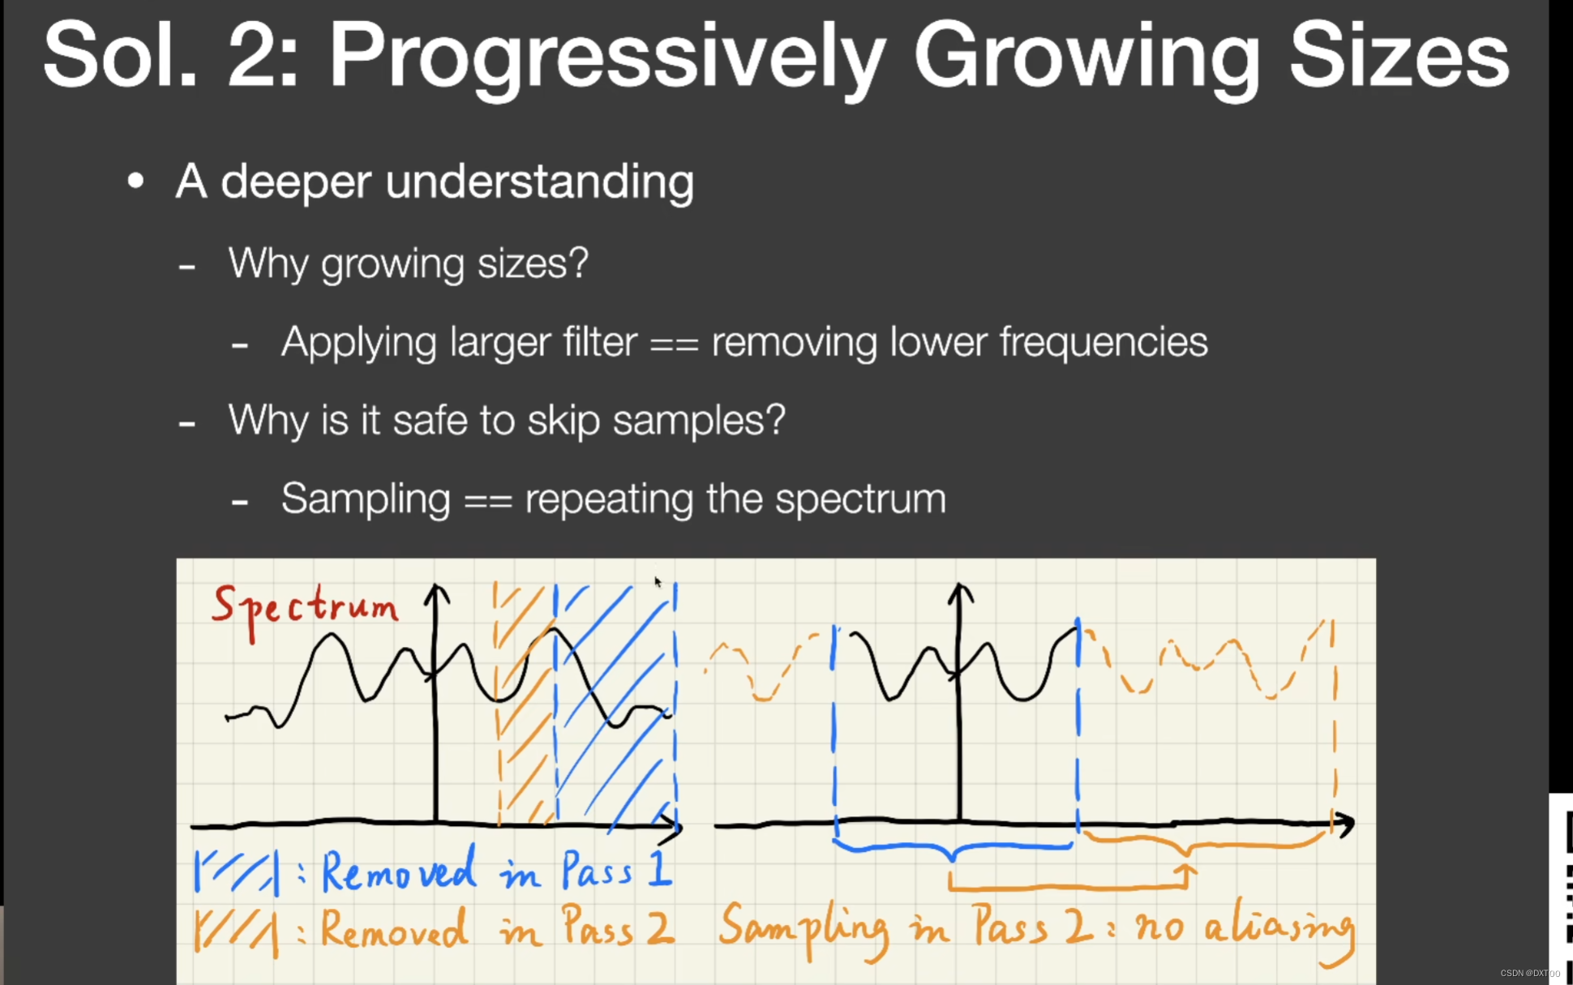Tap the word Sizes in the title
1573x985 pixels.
[1399, 54]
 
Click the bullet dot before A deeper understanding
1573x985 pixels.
[135, 181]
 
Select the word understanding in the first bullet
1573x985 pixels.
[540, 181]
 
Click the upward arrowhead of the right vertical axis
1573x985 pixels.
[960, 593]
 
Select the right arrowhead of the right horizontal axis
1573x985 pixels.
[1344, 824]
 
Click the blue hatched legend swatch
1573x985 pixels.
[236, 872]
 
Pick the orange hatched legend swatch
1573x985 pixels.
[236, 931]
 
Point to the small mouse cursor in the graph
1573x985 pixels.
[658, 581]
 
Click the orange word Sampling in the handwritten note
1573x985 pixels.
[803, 930]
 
